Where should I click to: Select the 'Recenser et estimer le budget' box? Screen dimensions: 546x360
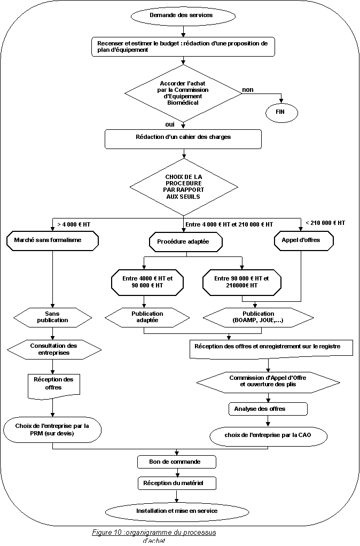pyautogui.click(x=183, y=46)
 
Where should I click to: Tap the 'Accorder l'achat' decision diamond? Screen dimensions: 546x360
pyautogui.click(x=183, y=93)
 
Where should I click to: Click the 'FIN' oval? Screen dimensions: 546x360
pyautogui.click(x=281, y=113)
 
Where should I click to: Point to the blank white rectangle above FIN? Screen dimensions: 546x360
pyautogui.click(x=275, y=87)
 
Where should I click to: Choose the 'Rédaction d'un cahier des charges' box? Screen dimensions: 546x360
pyautogui.click(x=183, y=138)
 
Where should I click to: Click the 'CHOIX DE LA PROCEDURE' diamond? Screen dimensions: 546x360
pyautogui.click(x=184, y=187)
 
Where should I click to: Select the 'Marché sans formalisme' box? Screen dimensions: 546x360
pyautogui.click(x=52, y=240)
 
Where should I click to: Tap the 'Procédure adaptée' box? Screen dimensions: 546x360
pyautogui.click(x=185, y=242)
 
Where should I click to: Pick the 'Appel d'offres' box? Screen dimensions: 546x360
pyautogui.click(x=303, y=240)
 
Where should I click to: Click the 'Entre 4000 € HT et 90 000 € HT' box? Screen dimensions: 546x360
pyautogui.click(x=146, y=282)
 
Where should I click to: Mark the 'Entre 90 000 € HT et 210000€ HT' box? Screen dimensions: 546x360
pyautogui.click(x=241, y=282)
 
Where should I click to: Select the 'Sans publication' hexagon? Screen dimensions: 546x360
pyautogui.click(x=52, y=317)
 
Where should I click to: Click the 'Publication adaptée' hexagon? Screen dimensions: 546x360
pyautogui.click(x=147, y=317)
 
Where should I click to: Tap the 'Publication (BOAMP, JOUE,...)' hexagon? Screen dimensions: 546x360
pyautogui.click(x=259, y=317)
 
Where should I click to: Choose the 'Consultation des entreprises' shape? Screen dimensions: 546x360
pyautogui.click(x=54, y=349)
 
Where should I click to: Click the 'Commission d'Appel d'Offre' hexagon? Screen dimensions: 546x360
pyautogui.click(x=268, y=381)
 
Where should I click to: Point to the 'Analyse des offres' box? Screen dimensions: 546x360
pyautogui.click(x=268, y=409)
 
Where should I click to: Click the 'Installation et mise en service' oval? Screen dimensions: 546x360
pyautogui.click(x=177, y=512)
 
